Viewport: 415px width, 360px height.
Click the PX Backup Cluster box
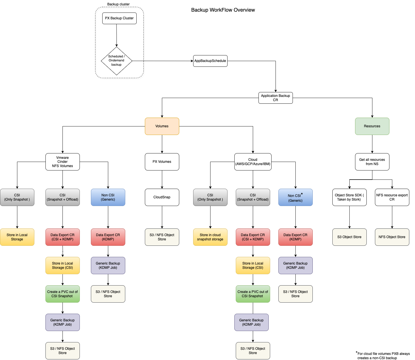point(119,18)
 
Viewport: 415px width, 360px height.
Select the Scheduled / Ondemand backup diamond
point(116,61)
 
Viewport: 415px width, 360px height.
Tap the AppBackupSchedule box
point(210,61)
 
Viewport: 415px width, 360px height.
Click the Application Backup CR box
point(276,98)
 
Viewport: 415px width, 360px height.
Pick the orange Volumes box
point(162,126)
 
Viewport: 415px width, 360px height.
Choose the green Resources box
point(372,126)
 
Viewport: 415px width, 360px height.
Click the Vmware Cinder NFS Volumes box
point(62,162)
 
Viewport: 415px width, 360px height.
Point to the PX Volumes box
point(162,162)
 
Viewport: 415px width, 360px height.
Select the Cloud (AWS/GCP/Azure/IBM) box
point(253,162)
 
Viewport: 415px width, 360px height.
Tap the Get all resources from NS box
point(372,162)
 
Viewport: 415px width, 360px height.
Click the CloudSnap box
point(162,197)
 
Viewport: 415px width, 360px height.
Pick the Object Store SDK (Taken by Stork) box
point(349,197)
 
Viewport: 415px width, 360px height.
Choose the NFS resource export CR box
point(392,197)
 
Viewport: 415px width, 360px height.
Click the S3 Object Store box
point(349,237)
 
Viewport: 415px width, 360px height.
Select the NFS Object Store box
point(392,237)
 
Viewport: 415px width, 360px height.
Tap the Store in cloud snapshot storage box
point(210,237)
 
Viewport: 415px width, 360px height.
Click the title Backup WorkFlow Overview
point(223,10)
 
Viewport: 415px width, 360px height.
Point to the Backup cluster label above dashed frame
point(118,4)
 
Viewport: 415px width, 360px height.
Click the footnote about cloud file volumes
point(383,356)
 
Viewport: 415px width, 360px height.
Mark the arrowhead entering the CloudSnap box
point(162,187)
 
